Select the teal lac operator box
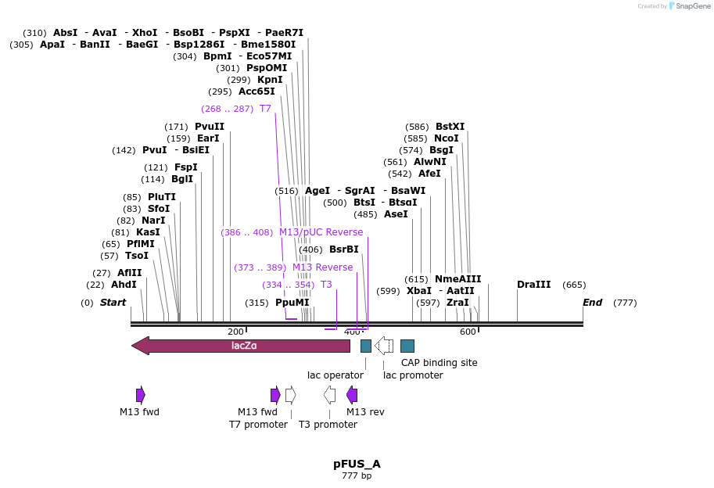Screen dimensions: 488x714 (x=365, y=346)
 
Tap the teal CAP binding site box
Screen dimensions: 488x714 (x=407, y=346)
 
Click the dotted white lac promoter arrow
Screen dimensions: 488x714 (x=384, y=346)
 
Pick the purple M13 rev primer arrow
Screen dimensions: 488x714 (x=352, y=395)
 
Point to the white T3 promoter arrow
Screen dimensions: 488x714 (x=329, y=395)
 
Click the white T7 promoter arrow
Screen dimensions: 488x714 (x=290, y=395)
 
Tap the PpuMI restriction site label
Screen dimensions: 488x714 (x=292, y=303)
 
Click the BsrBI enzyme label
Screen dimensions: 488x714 (x=343, y=249)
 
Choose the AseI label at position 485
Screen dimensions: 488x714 (x=396, y=214)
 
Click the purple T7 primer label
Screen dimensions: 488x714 (x=265, y=109)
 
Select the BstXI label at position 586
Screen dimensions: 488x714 (x=450, y=127)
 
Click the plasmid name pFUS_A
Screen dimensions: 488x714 (x=357, y=464)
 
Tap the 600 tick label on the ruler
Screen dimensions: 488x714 (x=468, y=332)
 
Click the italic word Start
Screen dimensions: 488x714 (x=113, y=303)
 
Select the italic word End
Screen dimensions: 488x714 (x=592, y=303)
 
